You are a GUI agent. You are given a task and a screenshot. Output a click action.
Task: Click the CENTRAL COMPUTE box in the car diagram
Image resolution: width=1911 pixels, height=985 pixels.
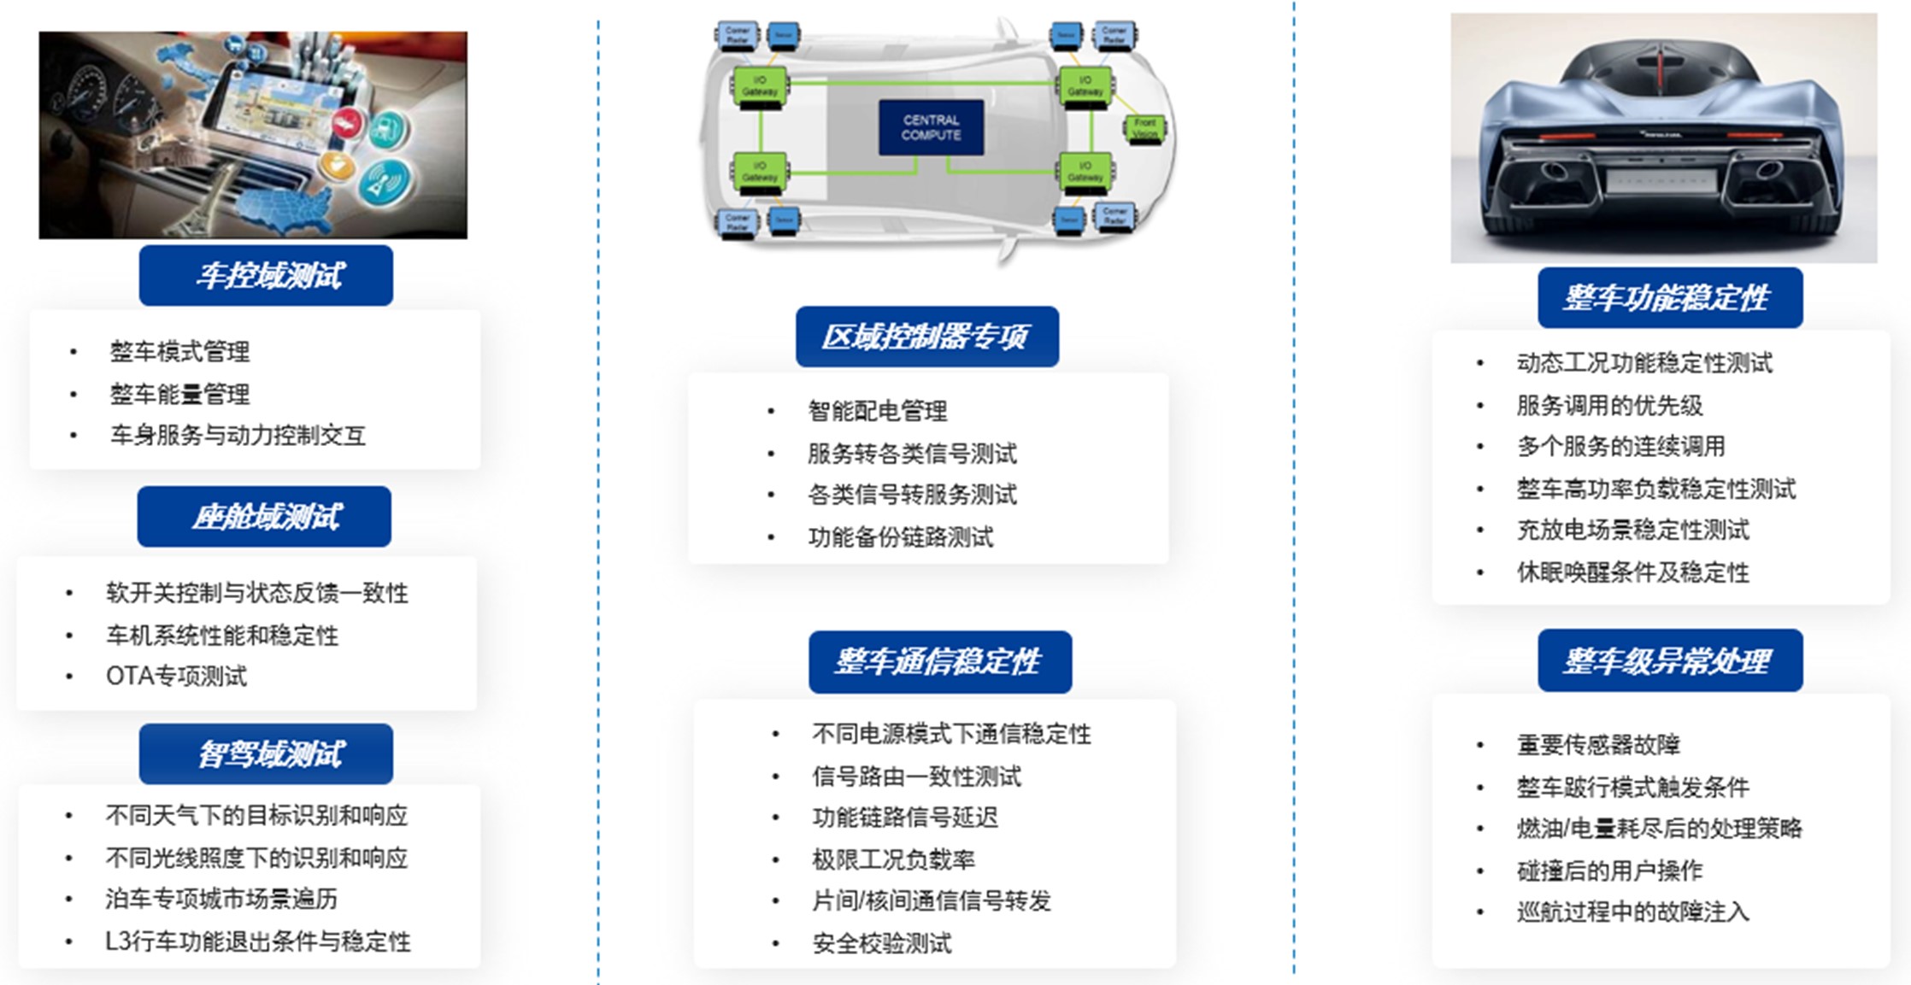point(931,127)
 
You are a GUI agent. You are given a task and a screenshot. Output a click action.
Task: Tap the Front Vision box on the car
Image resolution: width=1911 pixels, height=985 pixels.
point(1144,128)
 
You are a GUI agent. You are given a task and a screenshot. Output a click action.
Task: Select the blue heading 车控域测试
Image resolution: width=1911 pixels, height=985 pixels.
point(266,276)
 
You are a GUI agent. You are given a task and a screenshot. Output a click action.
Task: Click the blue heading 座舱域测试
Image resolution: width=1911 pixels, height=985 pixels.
point(264,517)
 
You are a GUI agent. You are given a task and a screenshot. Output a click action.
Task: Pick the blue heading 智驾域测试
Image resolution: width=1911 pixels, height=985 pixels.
point(266,754)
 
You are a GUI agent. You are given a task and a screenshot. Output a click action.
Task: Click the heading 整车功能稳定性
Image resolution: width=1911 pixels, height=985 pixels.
point(1669,298)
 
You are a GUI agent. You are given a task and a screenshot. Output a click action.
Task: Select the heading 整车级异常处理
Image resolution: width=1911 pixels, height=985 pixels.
point(1669,661)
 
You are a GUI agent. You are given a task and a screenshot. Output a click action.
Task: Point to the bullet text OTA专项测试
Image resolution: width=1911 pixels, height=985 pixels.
point(176,677)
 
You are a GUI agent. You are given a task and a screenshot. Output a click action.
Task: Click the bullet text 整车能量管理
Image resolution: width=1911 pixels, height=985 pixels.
point(179,394)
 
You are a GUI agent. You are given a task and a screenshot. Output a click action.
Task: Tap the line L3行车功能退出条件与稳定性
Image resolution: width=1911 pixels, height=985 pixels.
point(258,941)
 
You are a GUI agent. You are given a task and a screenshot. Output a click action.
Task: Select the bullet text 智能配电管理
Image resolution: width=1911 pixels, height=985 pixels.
point(878,411)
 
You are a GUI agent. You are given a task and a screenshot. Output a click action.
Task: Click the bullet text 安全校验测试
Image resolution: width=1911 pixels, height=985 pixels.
point(881,943)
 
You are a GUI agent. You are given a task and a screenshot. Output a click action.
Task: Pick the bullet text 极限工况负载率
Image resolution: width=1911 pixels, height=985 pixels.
point(893,859)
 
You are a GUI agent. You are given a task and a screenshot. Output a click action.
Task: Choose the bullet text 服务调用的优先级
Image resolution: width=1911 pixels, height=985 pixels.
point(1609,405)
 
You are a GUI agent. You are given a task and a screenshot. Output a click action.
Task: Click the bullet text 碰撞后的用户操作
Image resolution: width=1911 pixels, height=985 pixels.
point(1609,871)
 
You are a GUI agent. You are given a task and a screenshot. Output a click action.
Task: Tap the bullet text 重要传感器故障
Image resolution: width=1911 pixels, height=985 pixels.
point(1598,744)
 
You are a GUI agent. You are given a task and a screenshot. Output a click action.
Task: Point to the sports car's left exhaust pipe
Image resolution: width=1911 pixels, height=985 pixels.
point(1555,171)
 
